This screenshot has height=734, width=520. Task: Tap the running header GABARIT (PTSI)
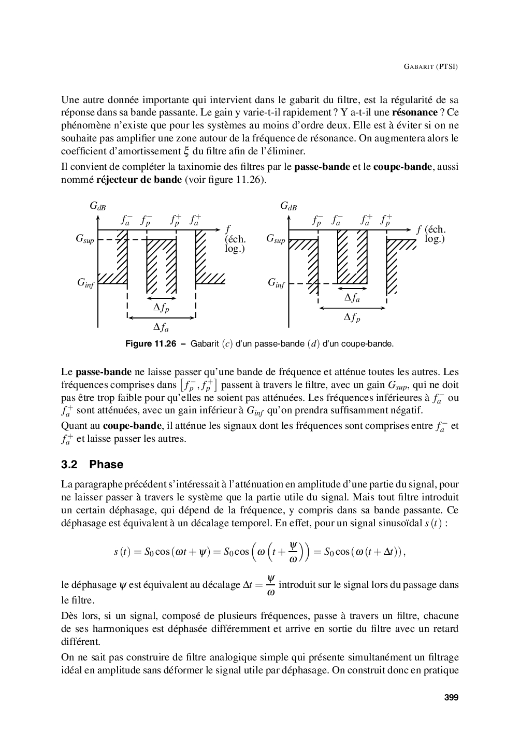click(430, 67)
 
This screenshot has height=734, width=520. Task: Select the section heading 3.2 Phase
click(92, 465)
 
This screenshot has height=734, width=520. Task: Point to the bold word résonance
click(414, 112)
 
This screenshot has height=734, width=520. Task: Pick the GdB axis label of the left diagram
click(97, 207)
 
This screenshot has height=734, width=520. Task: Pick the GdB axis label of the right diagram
click(288, 207)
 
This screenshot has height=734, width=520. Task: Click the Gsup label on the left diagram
click(85, 239)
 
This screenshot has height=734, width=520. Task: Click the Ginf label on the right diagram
click(276, 283)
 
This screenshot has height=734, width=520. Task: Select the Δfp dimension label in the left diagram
click(161, 308)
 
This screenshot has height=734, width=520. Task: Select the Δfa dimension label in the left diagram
click(161, 327)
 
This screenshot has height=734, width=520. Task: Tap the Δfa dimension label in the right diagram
click(352, 298)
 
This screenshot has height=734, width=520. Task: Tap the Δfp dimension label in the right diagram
click(352, 318)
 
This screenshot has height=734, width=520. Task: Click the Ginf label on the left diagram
click(85, 283)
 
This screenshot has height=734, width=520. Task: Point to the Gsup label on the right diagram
click(276, 239)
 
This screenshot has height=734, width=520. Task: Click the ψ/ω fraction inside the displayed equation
click(293, 552)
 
